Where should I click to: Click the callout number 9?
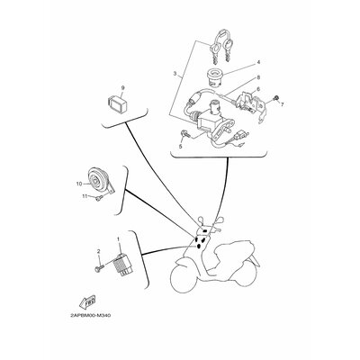pos(122,88)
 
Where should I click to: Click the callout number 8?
pos(257,79)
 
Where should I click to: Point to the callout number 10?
pos(79,183)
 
